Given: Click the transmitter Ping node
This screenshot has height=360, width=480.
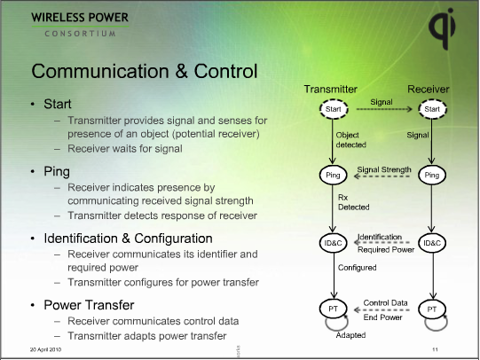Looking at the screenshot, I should (x=331, y=176).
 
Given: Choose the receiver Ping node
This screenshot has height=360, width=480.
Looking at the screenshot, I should (x=432, y=176).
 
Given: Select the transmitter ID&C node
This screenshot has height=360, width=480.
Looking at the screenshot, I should (x=331, y=242).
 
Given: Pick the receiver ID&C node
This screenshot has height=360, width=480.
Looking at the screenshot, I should (x=432, y=242).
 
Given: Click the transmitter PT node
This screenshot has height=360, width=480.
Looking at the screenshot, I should (x=331, y=309).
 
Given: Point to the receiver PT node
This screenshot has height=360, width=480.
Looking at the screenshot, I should (x=432, y=309).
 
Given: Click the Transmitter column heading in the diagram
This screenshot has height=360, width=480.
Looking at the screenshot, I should (x=330, y=90).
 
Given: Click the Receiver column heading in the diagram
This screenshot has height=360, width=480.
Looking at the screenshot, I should (x=429, y=90).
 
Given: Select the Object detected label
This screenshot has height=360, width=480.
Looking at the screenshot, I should (x=351, y=139).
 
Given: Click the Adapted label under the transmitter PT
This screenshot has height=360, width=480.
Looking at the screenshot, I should (x=350, y=336).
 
